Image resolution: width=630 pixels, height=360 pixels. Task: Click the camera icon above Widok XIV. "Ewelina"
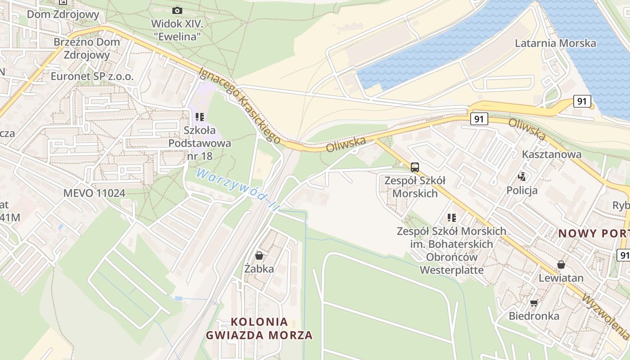click(177, 10)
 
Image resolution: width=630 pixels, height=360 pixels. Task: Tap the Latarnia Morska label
click(555, 43)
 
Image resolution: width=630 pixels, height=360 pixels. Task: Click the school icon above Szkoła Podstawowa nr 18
click(200, 117)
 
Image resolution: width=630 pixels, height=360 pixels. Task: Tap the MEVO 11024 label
click(94, 193)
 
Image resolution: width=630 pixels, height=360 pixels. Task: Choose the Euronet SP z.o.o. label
click(92, 76)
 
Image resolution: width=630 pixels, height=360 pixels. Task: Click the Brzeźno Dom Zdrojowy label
click(87, 48)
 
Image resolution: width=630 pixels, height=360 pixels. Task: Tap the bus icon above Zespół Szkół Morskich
click(415, 167)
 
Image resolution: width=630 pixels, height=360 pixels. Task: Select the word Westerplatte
click(452, 270)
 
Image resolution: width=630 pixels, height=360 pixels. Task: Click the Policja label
click(522, 190)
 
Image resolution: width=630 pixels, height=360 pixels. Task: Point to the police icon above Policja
click(522, 176)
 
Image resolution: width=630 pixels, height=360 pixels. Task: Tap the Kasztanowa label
click(551, 154)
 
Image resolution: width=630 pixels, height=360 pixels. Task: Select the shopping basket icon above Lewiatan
click(561, 264)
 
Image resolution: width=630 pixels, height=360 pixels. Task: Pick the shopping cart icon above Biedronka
click(534, 303)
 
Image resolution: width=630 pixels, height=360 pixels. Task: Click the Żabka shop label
click(259, 269)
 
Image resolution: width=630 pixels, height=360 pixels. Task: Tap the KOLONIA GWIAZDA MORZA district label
click(259, 328)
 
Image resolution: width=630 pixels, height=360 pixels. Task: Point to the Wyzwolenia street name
click(605, 317)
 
